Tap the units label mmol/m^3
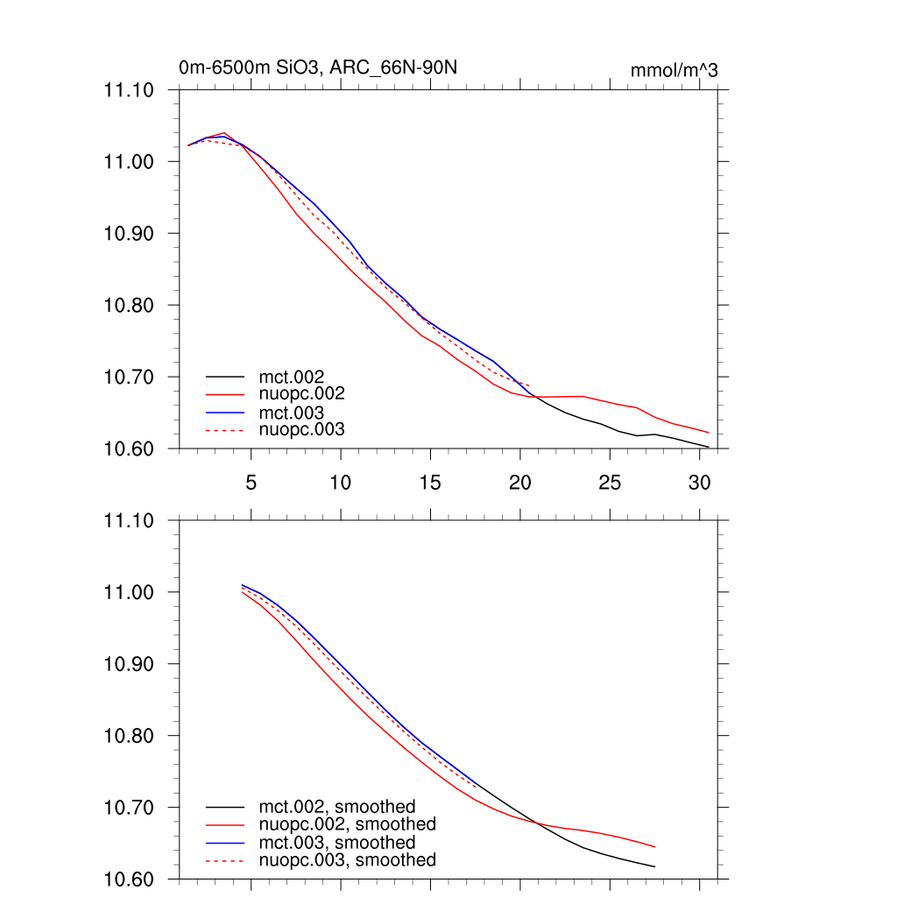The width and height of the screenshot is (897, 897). pos(674,70)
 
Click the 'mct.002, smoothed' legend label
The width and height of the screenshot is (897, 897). pos(336,807)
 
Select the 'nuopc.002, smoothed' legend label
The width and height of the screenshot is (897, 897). pos(347,824)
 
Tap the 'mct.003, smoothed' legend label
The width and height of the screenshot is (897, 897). pos(336,843)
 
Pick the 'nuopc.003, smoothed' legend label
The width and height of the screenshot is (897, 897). pos(347,860)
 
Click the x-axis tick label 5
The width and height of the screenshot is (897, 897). pos(251,483)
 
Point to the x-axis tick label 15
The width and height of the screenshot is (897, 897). pos(430,483)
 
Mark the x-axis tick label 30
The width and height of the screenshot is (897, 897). pos(699,483)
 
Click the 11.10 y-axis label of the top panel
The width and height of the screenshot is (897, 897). pos(129,90)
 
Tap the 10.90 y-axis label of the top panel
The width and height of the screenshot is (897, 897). pos(129,234)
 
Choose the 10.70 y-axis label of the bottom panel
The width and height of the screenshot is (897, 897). pos(129,808)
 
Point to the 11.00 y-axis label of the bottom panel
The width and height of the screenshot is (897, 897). pos(129,592)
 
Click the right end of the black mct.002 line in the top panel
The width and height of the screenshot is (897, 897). pos(708,448)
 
